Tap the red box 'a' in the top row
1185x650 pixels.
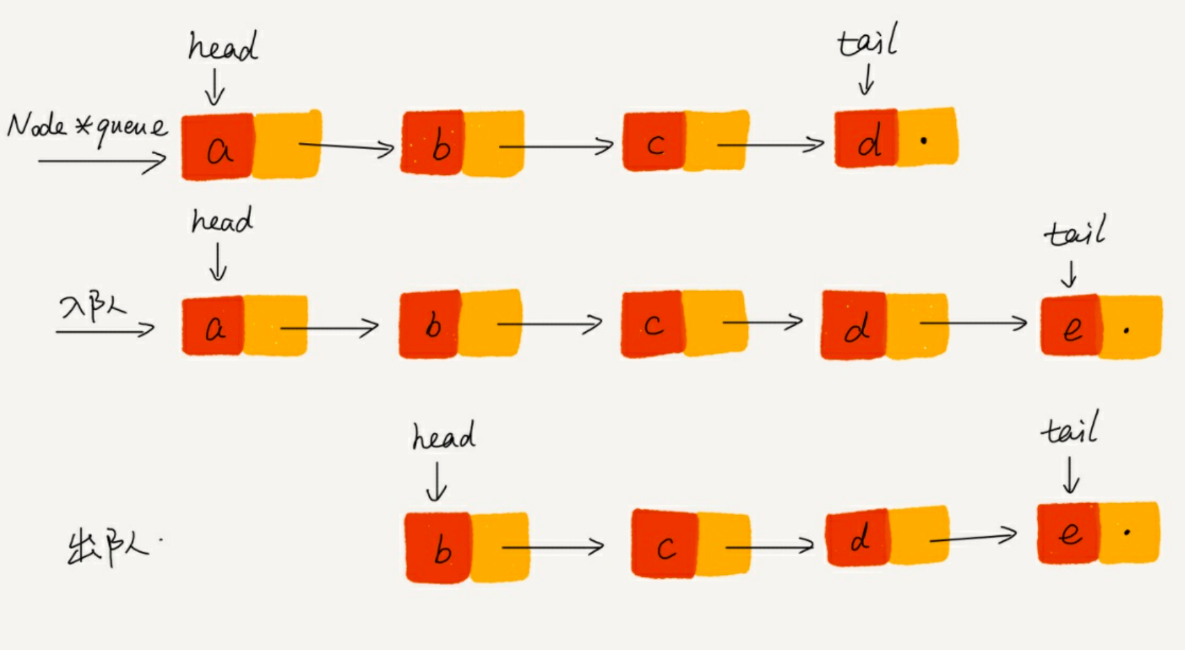217,146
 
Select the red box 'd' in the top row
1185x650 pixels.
866,138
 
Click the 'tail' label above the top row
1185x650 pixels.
867,41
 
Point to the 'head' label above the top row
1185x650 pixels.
223,47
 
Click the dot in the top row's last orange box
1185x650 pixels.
923,140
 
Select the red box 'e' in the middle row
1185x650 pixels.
1071,326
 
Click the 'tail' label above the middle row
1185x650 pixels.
1075,232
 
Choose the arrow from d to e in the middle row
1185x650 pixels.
973,324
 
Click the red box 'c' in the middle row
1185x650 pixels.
652,324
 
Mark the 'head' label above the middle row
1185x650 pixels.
222,221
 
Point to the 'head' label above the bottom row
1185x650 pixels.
443,437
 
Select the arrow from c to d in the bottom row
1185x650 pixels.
769,546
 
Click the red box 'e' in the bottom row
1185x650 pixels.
1068,533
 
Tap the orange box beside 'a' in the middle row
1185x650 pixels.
275,326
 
